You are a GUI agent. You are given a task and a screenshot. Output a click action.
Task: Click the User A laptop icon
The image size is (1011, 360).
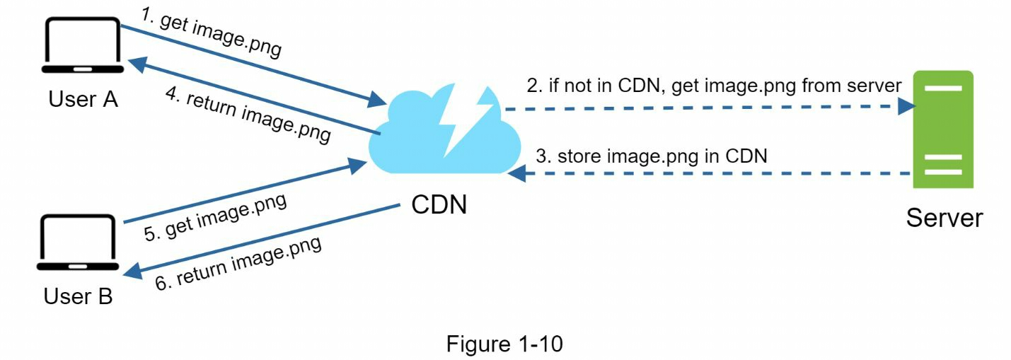[x=82, y=46]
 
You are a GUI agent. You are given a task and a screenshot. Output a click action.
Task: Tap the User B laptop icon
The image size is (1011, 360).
[x=77, y=243]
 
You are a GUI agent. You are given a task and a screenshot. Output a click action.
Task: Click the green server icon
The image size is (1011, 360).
[x=942, y=129]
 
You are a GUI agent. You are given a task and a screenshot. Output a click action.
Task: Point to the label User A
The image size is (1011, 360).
[x=83, y=99]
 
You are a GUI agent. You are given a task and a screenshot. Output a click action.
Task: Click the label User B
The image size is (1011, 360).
[x=78, y=296]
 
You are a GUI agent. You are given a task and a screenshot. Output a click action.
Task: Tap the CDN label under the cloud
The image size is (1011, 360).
[x=439, y=205]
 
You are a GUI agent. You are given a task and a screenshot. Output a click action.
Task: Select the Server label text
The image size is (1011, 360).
[x=944, y=217]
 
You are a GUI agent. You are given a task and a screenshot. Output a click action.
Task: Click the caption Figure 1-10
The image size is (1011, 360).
[x=504, y=344]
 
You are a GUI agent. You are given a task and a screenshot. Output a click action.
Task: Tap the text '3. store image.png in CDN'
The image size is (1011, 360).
[x=651, y=156]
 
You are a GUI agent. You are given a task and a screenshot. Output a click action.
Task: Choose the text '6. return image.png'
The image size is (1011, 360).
[x=238, y=263]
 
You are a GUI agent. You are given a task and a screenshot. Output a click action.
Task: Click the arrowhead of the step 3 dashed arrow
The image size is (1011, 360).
[x=517, y=173]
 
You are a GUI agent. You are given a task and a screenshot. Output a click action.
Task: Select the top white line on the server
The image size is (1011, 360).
[x=942, y=88]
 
